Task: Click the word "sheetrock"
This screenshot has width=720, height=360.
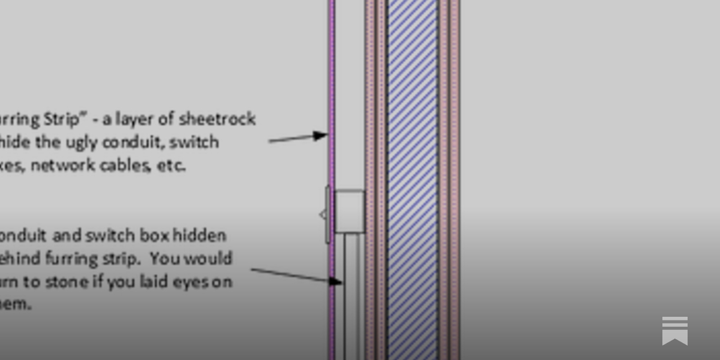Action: point(217,119)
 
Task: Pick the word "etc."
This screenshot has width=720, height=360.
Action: point(171,166)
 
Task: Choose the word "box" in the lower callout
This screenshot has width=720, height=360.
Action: point(154,235)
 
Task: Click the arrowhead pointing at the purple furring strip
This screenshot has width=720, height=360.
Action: point(321,135)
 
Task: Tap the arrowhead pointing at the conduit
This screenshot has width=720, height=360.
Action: point(335,282)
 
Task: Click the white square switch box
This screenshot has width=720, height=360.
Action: point(350,211)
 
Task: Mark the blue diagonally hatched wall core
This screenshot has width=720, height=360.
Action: point(412,180)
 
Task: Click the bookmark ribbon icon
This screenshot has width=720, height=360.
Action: point(675,331)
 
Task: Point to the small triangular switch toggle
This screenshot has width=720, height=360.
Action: point(323,215)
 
